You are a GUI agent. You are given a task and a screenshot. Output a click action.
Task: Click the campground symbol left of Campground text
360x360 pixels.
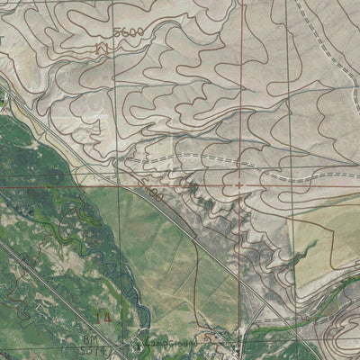click(138, 344)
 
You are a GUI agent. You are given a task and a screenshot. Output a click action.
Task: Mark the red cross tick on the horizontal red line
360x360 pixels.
click(238, 186)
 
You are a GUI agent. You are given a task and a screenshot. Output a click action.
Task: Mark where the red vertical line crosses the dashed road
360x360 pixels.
click(239, 160)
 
